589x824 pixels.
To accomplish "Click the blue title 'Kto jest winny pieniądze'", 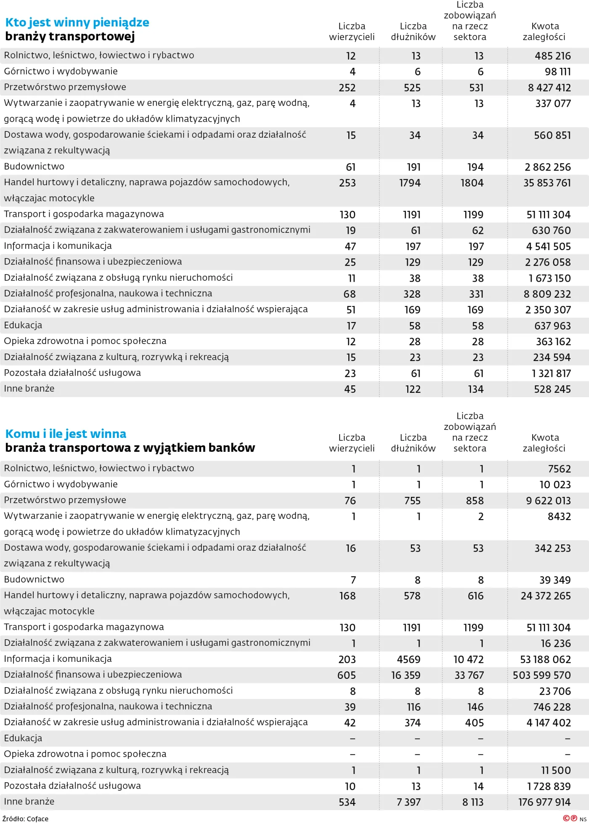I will [77, 22].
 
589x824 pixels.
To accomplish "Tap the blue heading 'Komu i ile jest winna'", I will [66, 434].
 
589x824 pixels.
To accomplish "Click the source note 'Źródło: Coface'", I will [25, 819].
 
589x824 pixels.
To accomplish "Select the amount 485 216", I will [552, 56].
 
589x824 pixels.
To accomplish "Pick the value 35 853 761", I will [547, 183].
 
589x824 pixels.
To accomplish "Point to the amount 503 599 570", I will [541, 675].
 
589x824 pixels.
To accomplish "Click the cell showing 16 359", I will [406, 675].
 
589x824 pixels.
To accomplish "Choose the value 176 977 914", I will [544, 803].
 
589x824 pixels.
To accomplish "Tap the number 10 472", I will [468, 659].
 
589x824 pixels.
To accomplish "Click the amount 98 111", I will [557, 72].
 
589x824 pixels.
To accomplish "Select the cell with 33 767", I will [469, 675].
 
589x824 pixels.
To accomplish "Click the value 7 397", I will [409, 803].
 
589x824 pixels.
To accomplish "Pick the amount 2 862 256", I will [547, 168].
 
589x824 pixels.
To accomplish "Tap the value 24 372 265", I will [546, 596].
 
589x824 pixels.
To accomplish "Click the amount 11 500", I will [556, 771].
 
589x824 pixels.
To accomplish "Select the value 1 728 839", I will [549, 787].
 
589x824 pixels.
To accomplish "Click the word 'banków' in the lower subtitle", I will [235, 448].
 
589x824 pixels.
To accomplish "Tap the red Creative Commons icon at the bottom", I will [567, 818].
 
